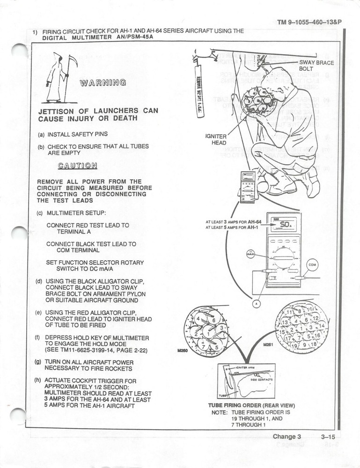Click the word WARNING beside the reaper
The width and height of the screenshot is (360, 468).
(103, 83)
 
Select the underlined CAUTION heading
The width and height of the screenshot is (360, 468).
(78, 165)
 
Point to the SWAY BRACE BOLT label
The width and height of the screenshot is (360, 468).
(316, 66)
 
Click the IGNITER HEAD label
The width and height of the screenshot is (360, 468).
(216, 139)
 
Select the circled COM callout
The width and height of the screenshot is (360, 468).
(312, 265)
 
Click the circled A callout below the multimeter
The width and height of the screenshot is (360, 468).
(256, 304)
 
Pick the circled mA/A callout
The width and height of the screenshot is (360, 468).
(250, 255)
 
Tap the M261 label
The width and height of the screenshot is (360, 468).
(268, 344)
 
